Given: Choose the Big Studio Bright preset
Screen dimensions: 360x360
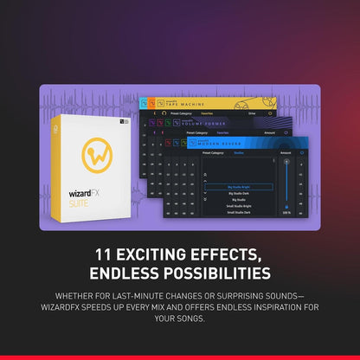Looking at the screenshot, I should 239,186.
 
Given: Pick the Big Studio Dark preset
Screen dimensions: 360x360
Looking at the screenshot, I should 239,193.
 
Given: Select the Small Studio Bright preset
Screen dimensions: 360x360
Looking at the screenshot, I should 239,206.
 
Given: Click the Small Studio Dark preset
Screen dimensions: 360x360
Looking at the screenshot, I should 239,213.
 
